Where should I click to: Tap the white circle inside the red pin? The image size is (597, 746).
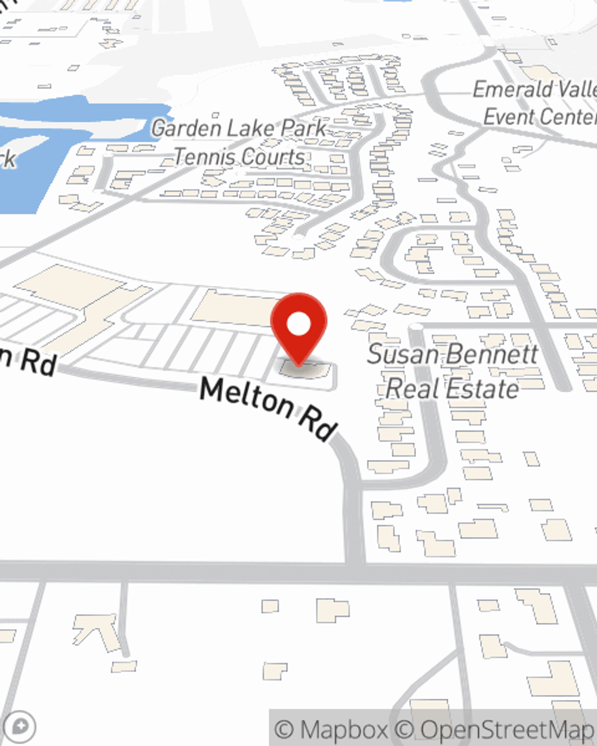click(298, 325)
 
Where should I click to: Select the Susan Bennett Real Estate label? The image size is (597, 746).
click(453, 371)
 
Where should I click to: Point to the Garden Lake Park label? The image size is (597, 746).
click(239, 128)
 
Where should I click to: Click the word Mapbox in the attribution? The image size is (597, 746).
click(343, 729)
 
